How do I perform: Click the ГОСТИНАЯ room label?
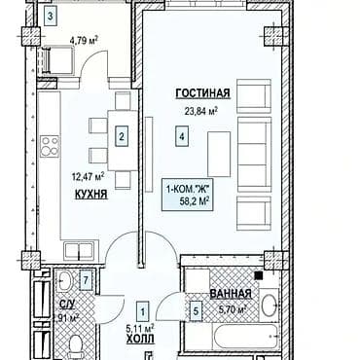tap(202, 93)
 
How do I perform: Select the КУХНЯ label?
tap(90, 194)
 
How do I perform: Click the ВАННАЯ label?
tap(232, 293)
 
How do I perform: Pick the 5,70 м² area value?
tap(230, 309)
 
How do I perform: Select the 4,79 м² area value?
tap(84, 41)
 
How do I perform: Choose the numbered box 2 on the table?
tap(121, 137)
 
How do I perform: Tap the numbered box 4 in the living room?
tap(182, 137)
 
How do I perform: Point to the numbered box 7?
tap(87, 283)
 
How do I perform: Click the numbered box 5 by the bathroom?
tap(195, 311)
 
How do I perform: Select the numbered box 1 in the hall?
tap(143, 311)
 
